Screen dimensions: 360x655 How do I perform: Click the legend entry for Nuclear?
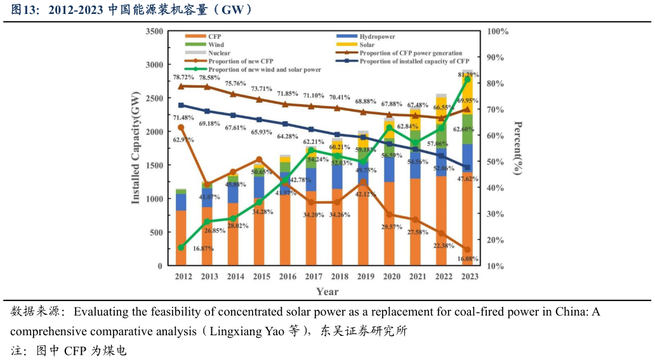pos(219,53)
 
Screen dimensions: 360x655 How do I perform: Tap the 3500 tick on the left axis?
pos(154,31)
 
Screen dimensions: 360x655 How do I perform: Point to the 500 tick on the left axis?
pos(156,232)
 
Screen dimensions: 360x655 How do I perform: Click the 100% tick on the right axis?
pos(498,31)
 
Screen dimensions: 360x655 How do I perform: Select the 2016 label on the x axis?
pos(288,276)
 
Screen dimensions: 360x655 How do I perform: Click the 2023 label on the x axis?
pos(469,276)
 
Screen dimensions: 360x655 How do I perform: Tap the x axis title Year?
pos(327,291)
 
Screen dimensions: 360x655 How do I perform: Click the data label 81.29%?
pos(467,75)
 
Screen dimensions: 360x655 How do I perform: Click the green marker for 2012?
pos(181,247)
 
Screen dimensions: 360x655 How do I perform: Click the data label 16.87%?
pos(202,248)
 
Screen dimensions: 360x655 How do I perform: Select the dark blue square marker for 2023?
pos(467,168)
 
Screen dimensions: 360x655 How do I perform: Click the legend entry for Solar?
pos(367,45)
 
